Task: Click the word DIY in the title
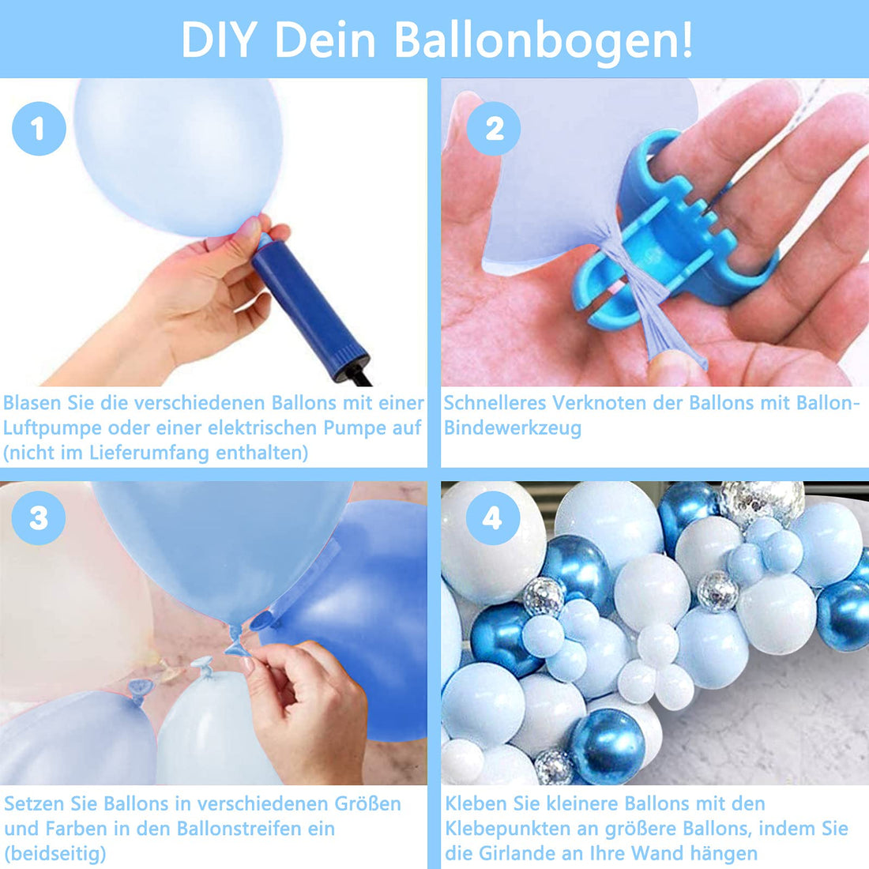pos(218,39)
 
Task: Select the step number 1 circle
pos(39,129)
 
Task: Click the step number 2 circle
pos(493,129)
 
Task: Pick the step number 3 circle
pos(39,518)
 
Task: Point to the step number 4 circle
pos(493,518)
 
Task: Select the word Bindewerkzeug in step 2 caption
pos(513,429)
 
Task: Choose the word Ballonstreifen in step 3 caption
pos(255,829)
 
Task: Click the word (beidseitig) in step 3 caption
pos(55,854)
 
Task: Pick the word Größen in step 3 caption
pos(367,804)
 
